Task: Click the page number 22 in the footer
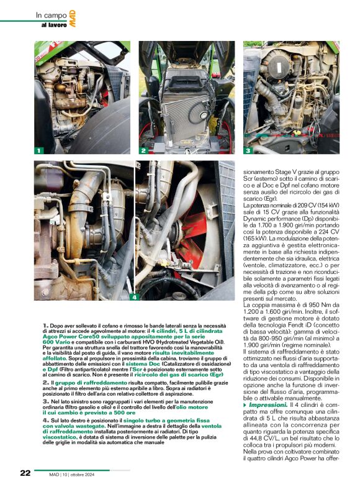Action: click(25, 473)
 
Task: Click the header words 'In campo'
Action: click(47, 15)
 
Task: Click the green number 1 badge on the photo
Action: click(38, 150)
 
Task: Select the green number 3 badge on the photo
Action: click(247, 150)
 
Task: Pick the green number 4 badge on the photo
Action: click(133, 297)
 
